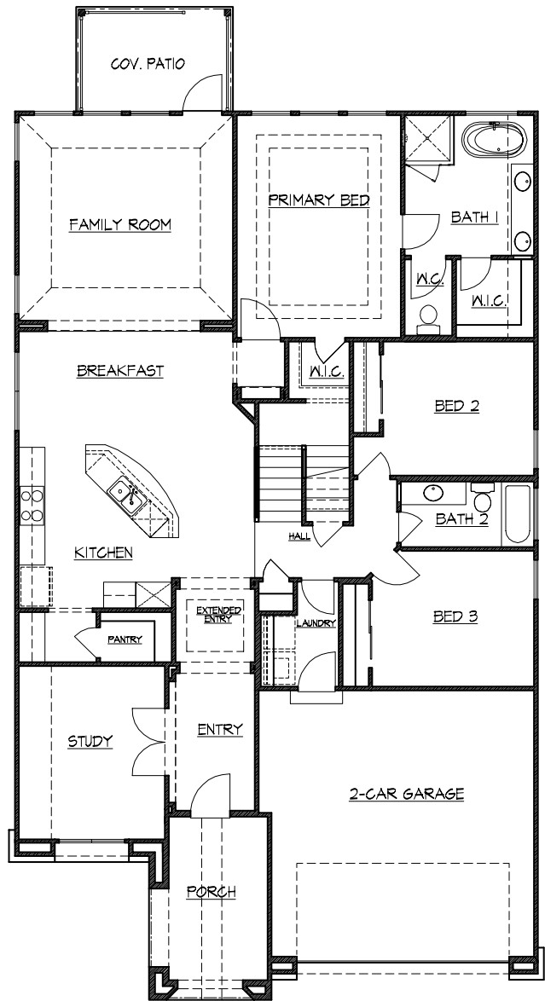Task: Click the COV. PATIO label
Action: tap(148, 63)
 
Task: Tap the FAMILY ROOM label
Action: tap(120, 225)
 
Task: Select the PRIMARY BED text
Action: tap(318, 200)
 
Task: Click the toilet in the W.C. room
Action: tap(429, 318)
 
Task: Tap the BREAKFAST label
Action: tap(120, 371)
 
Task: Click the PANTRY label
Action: tap(125, 639)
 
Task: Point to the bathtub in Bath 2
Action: tap(518, 514)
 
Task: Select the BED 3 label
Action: tap(455, 614)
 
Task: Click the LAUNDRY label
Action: tap(316, 623)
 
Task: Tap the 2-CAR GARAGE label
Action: tap(406, 794)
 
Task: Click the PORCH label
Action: tap(211, 892)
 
